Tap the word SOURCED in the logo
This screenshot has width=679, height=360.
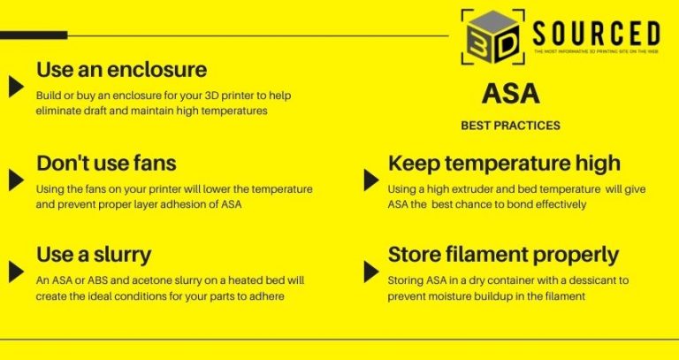point(595,34)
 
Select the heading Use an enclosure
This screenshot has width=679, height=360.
point(121,69)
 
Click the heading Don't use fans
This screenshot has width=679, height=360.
point(106,164)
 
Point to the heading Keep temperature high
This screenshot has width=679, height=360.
point(504,164)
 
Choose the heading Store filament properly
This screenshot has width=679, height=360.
point(503,255)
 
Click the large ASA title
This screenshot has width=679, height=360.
point(511,94)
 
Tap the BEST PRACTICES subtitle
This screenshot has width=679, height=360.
point(510,126)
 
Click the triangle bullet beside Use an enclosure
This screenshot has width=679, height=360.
point(15,86)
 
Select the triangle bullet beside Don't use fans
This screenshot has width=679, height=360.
point(15,180)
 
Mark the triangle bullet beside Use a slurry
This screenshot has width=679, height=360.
point(15,271)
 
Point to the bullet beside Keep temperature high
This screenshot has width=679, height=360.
point(371,180)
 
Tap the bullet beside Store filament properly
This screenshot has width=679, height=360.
point(371,271)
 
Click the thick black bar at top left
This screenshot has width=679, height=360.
point(34,35)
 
